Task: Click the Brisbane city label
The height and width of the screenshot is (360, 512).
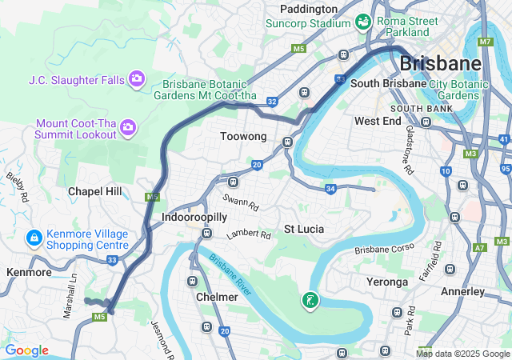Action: point(440,62)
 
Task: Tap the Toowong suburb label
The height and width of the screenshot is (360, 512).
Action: point(243,137)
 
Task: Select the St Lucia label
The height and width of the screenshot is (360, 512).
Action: point(304,229)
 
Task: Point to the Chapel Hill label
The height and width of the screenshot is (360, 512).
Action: point(95,191)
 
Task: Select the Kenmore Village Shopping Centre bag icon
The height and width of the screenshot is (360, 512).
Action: point(34,238)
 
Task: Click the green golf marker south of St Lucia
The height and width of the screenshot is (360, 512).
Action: point(310,301)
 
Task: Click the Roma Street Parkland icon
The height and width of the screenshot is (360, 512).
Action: point(362,21)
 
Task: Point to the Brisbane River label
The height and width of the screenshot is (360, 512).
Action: point(232,276)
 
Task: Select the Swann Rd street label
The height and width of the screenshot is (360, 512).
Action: point(242,206)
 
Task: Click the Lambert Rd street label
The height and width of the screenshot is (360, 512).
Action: point(249,235)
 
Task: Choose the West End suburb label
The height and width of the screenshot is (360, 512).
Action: point(377,121)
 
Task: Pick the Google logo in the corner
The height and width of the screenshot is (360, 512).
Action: point(26,350)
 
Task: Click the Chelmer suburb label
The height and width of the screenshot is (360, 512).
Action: point(217,297)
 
